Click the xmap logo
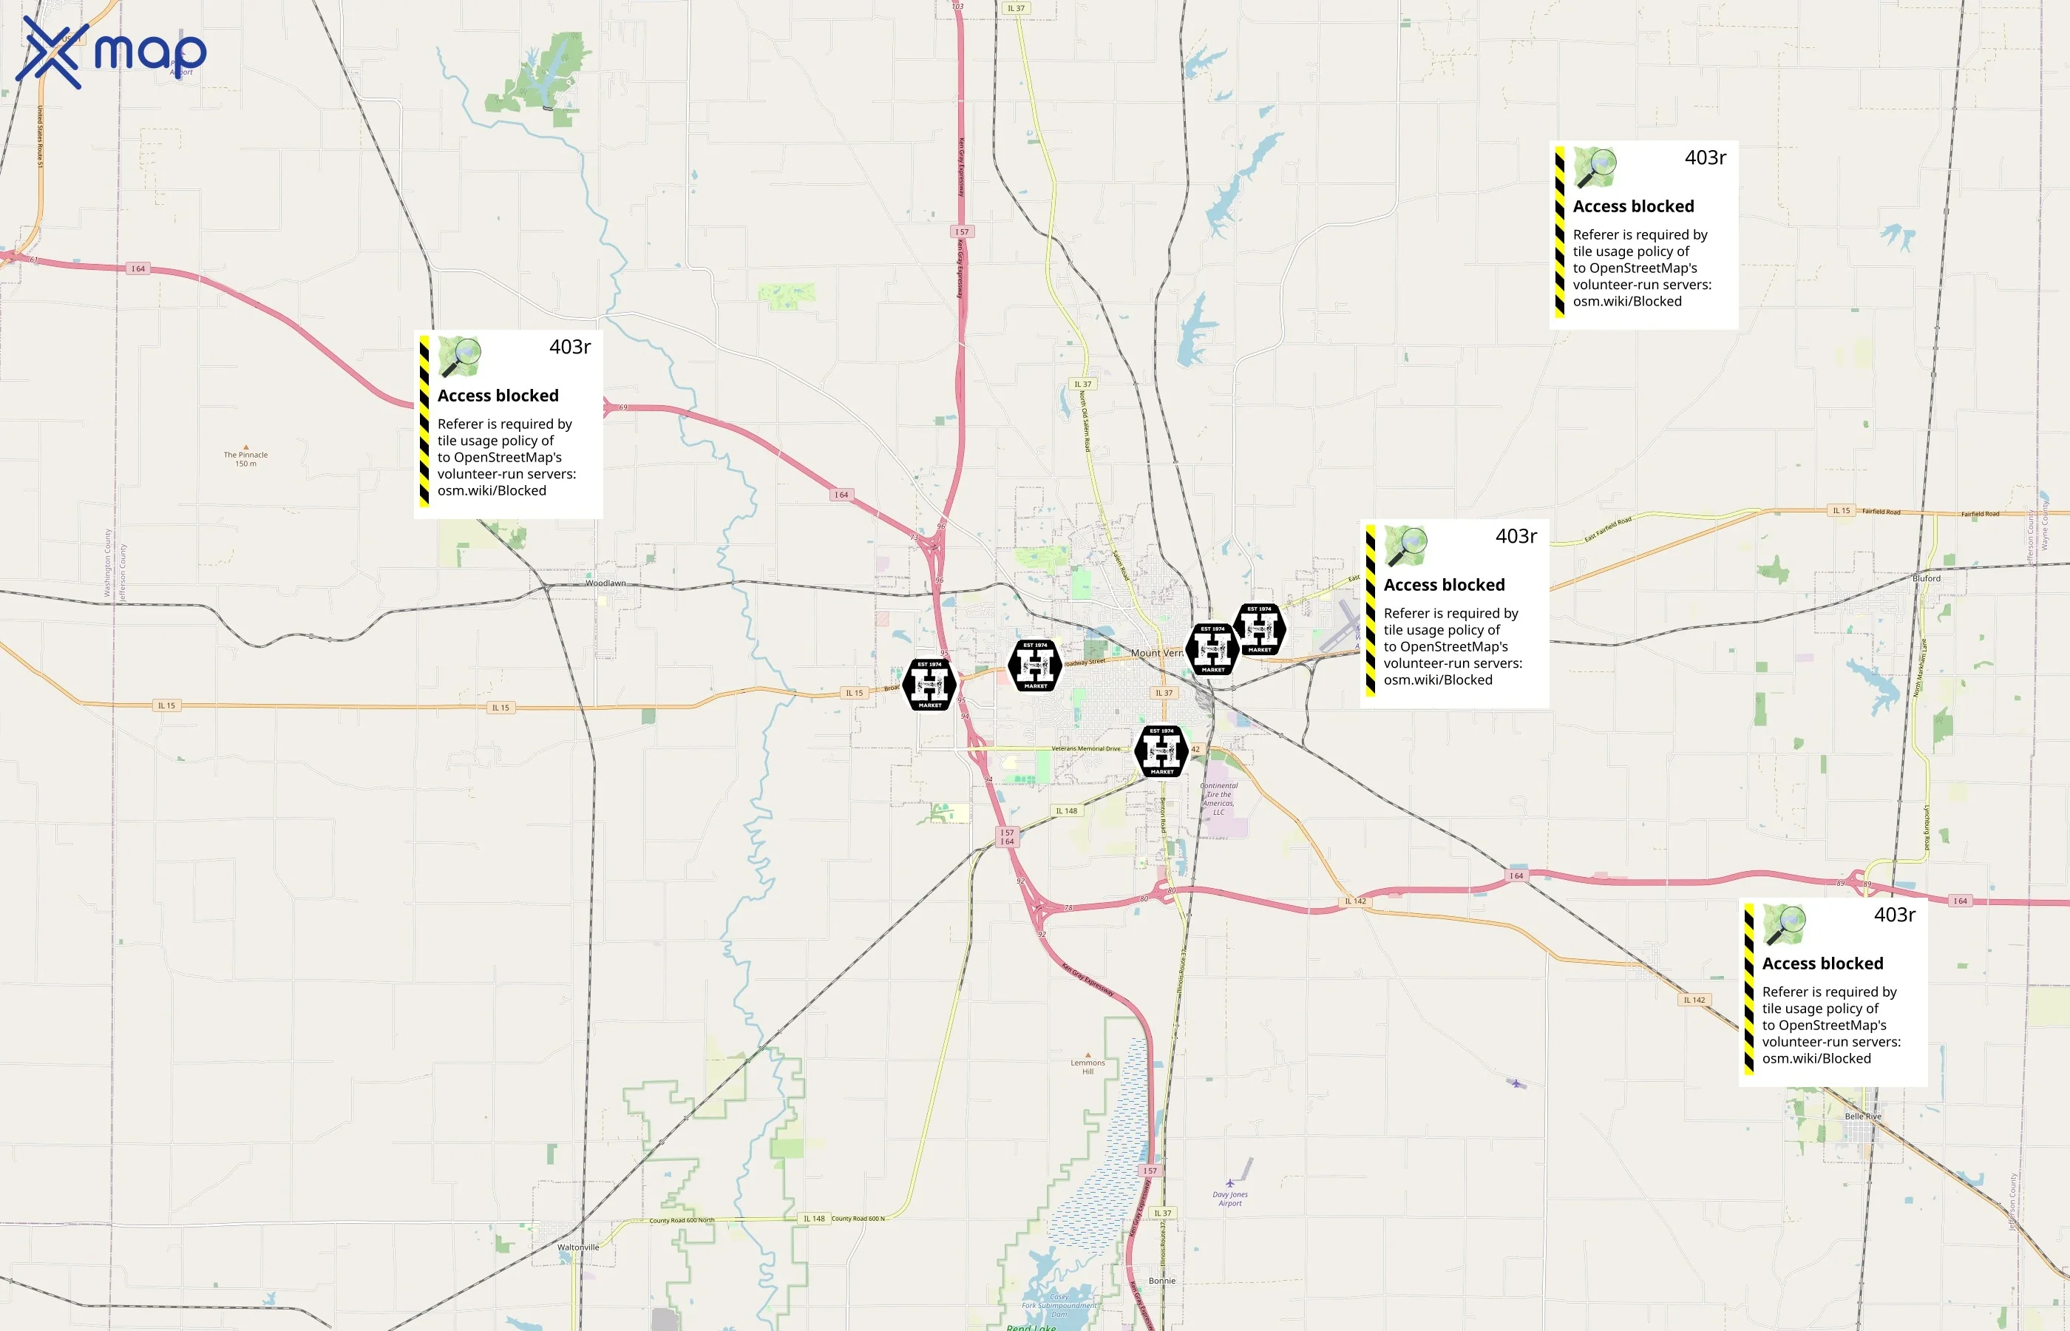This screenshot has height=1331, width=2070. click(x=111, y=53)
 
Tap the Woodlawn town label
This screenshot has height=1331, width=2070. click(x=605, y=583)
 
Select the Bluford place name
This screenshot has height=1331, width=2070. click(x=1926, y=578)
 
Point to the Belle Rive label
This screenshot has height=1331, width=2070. click(x=1863, y=1116)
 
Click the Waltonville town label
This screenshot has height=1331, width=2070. click(x=578, y=1247)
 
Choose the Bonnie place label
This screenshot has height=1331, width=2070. click(x=1162, y=1281)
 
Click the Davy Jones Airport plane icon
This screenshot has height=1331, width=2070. click(x=1230, y=1183)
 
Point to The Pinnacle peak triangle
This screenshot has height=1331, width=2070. click(x=246, y=447)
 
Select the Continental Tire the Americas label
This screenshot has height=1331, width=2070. click(x=1219, y=799)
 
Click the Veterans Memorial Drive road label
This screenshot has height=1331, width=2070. click(x=1085, y=748)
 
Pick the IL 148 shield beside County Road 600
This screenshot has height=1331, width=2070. click(x=814, y=1219)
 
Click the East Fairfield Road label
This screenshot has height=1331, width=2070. click(x=1608, y=529)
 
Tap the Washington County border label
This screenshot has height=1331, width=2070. click(x=108, y=563)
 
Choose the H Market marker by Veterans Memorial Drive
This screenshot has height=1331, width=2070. click(x=1162, y=751)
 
